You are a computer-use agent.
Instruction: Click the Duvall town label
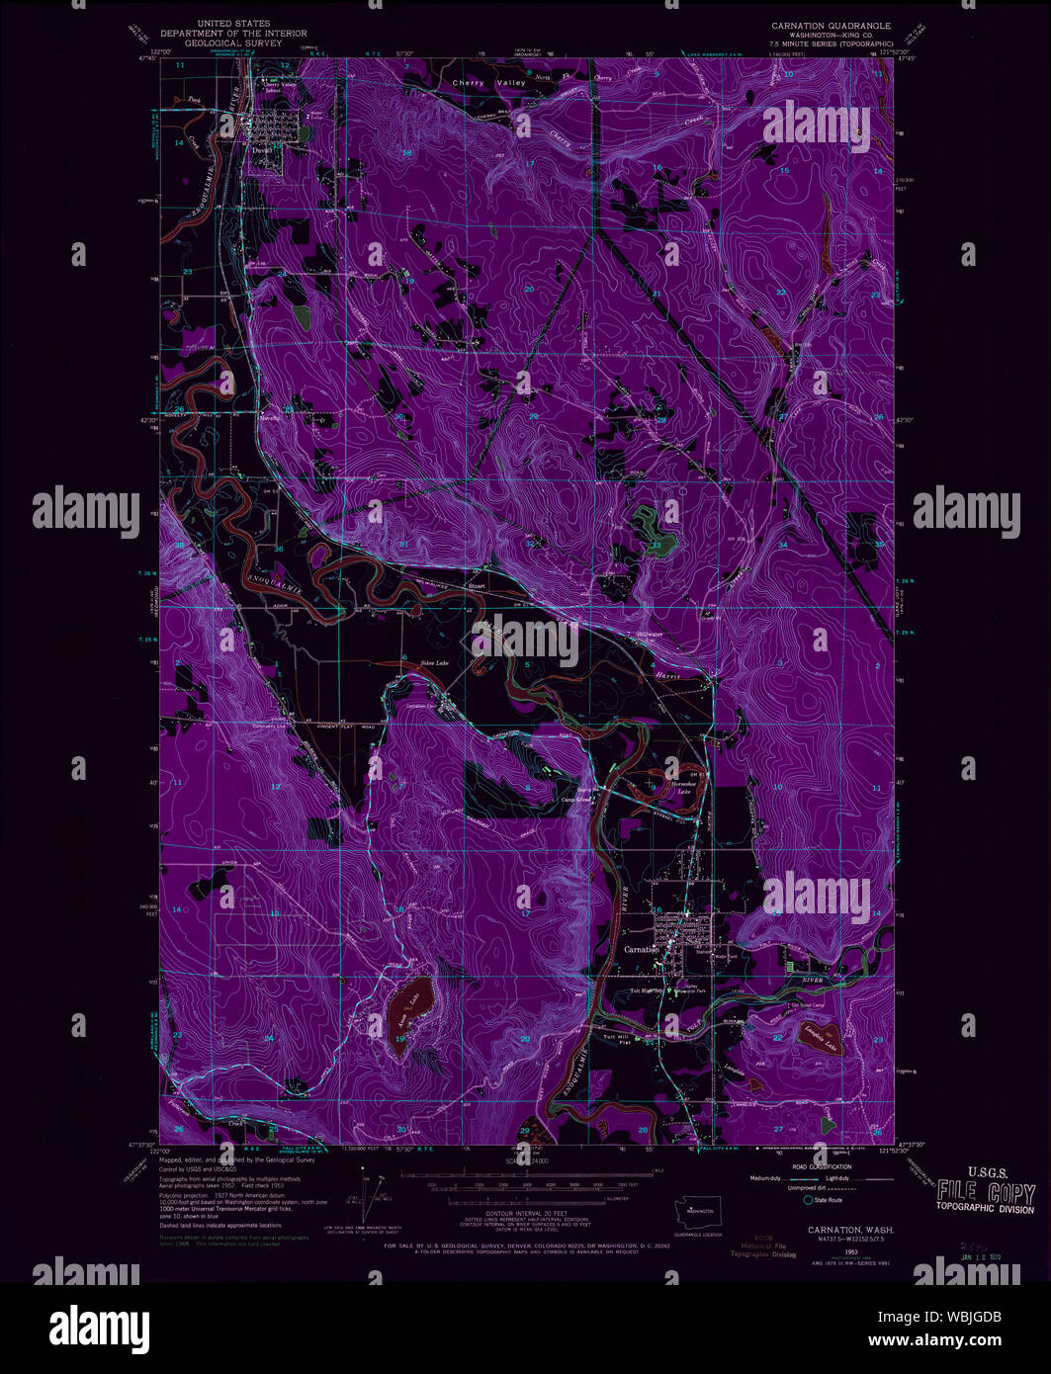click(x=261, y=150)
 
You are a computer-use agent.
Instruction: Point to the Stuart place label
click(x=478, y=586)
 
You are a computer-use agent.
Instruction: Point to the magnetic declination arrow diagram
click(x=372, y=1198)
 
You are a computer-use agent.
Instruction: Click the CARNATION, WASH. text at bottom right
click(x=836, y=1230)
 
